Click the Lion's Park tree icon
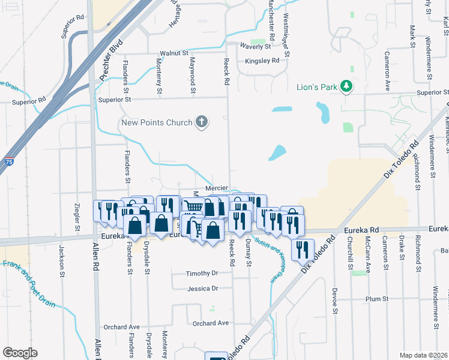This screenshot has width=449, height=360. point(346,87)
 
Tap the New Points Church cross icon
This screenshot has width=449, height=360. point(202,122)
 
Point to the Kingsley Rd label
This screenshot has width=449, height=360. point(262,61)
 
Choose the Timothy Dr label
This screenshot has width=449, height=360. point(202,272)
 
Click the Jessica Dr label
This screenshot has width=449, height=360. point(202,289)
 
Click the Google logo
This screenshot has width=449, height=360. point(20,353)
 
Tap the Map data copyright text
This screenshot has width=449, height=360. point(423,355)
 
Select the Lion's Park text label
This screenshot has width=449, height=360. point(316,87)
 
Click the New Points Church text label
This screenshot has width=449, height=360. point(157,122)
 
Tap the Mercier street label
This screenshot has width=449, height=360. point(217,188)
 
